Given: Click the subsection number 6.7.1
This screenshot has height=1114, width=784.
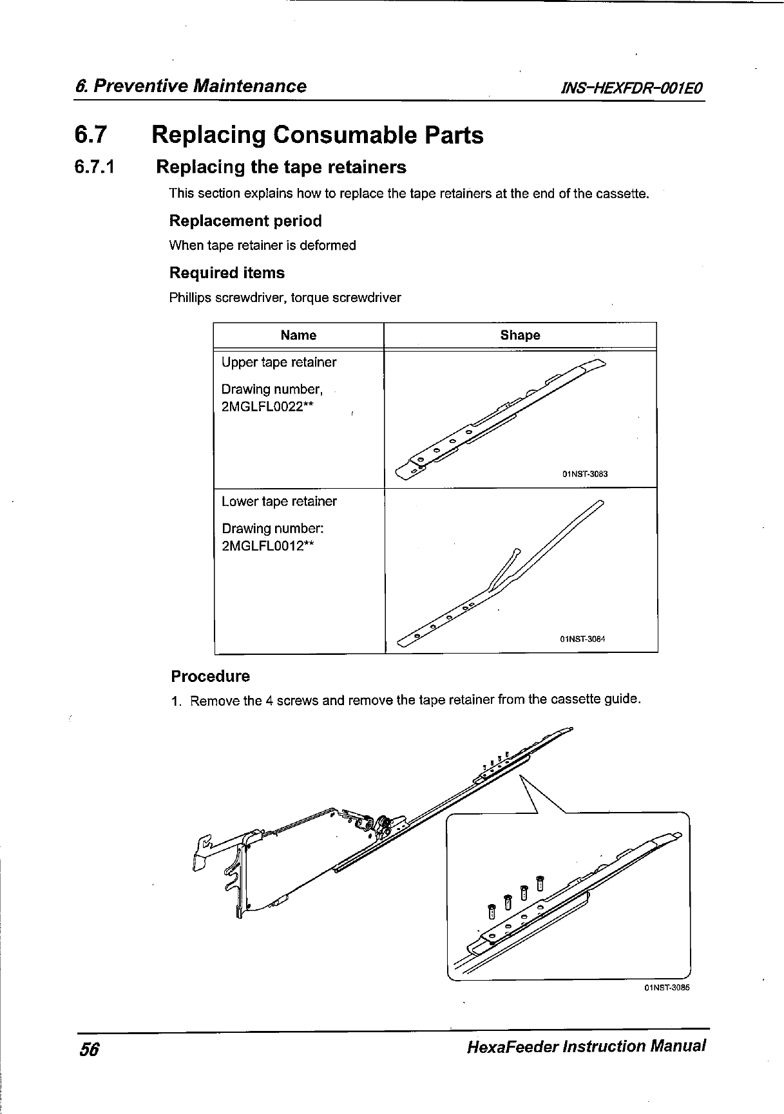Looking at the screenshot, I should (95, 167).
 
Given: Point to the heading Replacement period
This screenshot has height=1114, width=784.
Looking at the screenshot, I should (245, 221).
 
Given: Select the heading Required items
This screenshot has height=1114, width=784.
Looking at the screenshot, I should (227, 273).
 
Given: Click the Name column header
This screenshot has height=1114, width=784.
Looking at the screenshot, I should (298, 335).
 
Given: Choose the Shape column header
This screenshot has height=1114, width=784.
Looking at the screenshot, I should (520, 335).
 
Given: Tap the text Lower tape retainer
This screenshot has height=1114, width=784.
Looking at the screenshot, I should (279, 501).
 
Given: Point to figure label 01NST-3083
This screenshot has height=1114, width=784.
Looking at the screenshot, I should (586, 475).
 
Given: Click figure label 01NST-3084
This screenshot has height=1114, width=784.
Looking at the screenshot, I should (584, 639).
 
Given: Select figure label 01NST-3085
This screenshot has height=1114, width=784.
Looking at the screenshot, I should (667, 987).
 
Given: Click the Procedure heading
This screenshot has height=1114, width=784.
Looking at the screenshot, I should (210, 676).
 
